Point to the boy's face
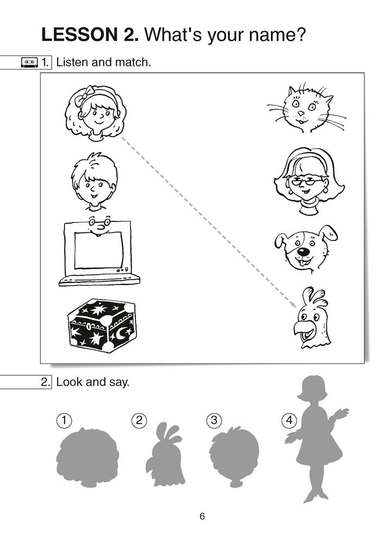tap(93, 182)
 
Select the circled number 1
tap(64, 420)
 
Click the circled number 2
tap(139, 420)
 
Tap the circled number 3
tap(214, 420)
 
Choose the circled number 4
tap(288, 420)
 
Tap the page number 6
tap(202, 517)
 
